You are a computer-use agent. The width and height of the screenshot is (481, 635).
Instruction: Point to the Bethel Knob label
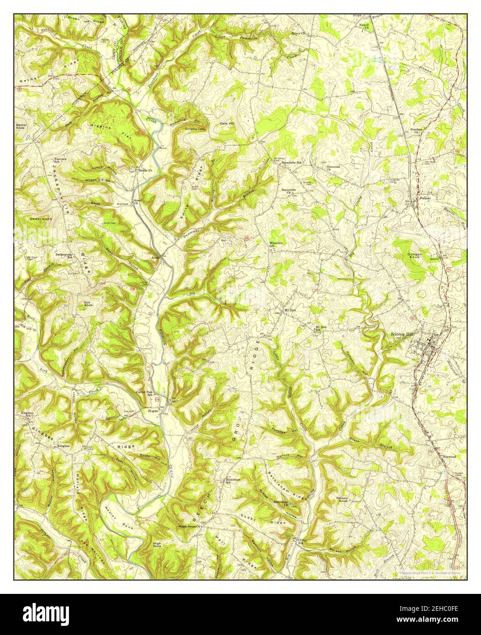(x=22, y=127)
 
